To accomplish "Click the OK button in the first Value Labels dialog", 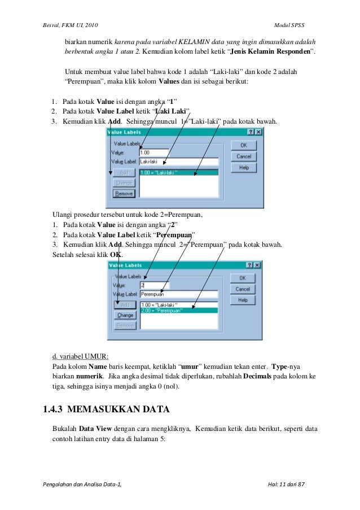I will [244, 145].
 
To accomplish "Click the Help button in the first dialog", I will [244, 168].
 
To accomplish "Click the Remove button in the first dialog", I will [124, 193].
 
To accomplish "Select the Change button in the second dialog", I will [125, 315].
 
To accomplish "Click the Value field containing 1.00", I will [153, 152].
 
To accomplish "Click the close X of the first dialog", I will [258, 132].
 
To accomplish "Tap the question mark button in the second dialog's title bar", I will [249, 264].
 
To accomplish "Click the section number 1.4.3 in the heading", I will [59, 409].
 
